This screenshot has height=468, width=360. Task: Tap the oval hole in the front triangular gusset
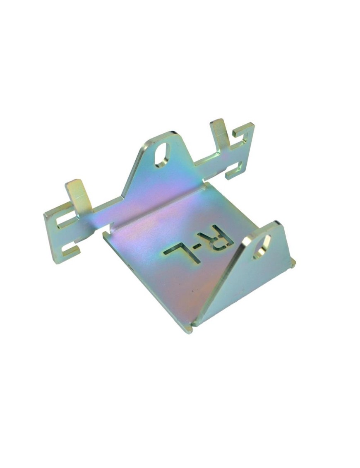coord(262,247)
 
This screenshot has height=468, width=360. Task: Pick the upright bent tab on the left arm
coord(78,195)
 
